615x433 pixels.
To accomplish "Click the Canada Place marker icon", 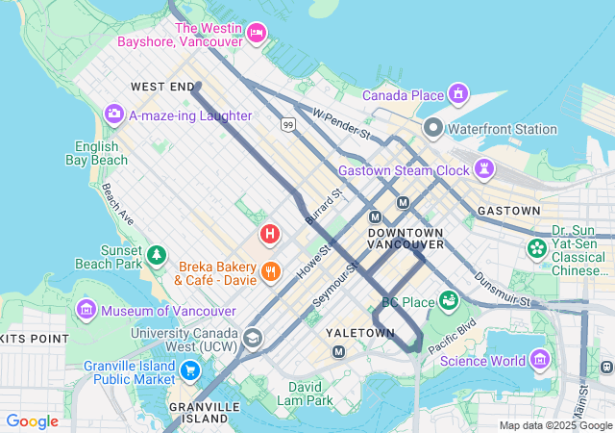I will [458, 94].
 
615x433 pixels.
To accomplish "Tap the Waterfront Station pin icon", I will [432, 128].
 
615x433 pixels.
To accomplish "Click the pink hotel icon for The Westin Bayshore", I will [256, 35].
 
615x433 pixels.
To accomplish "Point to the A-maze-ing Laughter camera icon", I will [114, 115].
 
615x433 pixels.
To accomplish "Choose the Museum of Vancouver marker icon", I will [87, 310].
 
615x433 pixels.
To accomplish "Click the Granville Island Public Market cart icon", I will [190, 369].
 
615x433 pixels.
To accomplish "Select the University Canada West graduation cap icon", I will [252, 338].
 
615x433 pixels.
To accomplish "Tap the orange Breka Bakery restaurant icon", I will [271, 270].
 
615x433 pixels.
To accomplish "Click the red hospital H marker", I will [270, 233].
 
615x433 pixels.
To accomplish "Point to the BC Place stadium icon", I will [448, 301].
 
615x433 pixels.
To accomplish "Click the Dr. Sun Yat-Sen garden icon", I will [536, 249].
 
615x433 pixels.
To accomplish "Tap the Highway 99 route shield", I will [288, 124].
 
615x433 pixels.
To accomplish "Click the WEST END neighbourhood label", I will [162, 87].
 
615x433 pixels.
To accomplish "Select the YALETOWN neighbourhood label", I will [360, 333].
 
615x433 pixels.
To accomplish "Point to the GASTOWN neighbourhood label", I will [508, 210].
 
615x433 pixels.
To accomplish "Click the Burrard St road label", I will [324, 209].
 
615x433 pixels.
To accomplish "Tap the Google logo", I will [32, 421].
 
